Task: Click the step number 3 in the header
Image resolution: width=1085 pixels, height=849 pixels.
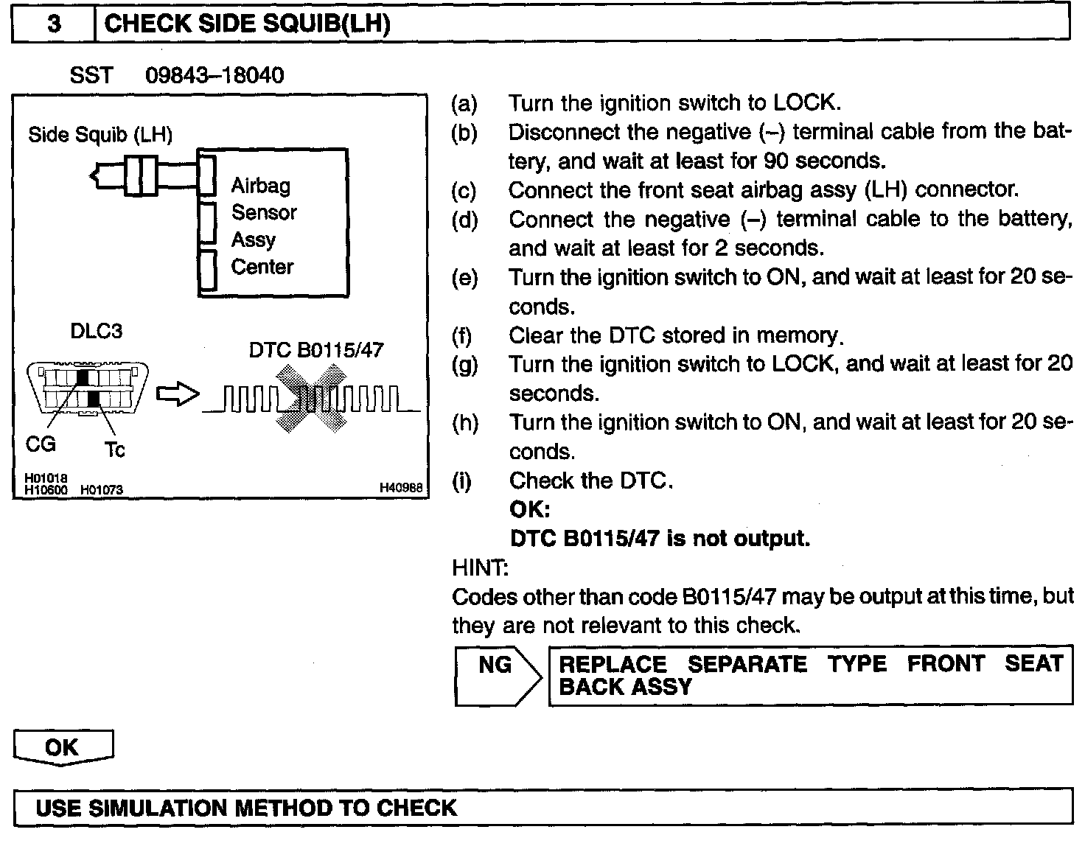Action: (54, 24)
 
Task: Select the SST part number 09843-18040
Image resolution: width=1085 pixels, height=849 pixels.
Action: (214, 75)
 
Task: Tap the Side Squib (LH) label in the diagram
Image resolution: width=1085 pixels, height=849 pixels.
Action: (100, 135)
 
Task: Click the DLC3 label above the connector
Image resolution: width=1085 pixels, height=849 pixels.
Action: (96, 331)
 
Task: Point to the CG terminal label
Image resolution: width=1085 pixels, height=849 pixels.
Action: (41, 444)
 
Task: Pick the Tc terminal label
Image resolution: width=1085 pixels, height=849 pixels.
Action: (114, 450)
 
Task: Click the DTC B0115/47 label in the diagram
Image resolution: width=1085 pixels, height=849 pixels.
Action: (316, 349)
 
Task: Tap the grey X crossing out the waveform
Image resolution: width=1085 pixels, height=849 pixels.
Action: (312, 399)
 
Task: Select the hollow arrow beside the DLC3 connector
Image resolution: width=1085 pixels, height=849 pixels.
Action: (178, 394)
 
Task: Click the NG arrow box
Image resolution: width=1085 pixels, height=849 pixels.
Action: (498, 676)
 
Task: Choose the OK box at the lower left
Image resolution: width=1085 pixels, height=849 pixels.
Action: (63, 747)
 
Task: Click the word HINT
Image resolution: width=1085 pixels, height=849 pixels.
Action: (479, 567)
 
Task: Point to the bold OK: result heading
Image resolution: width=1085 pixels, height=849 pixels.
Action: (529, 509)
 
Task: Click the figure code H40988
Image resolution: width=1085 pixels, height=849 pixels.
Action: (401, 487)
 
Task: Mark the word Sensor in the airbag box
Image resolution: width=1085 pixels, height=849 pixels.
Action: (264, 213)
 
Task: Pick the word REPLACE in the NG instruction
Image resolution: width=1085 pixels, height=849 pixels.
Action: (613, 664)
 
